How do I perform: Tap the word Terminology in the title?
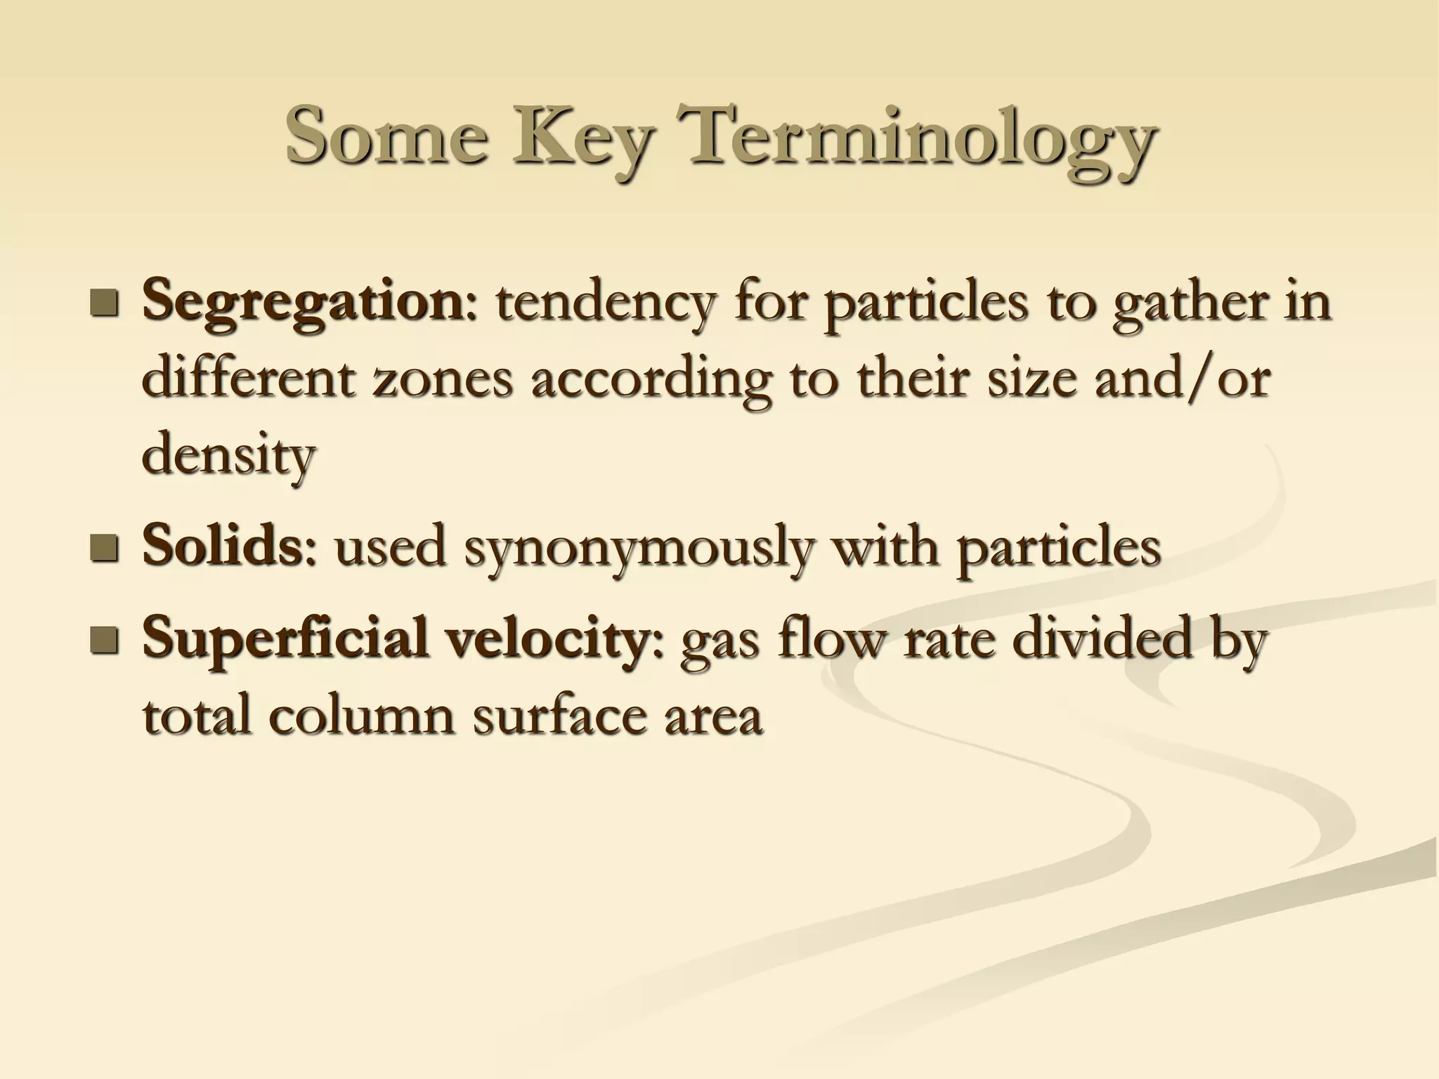[920, 137]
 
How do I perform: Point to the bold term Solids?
[222, 547]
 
